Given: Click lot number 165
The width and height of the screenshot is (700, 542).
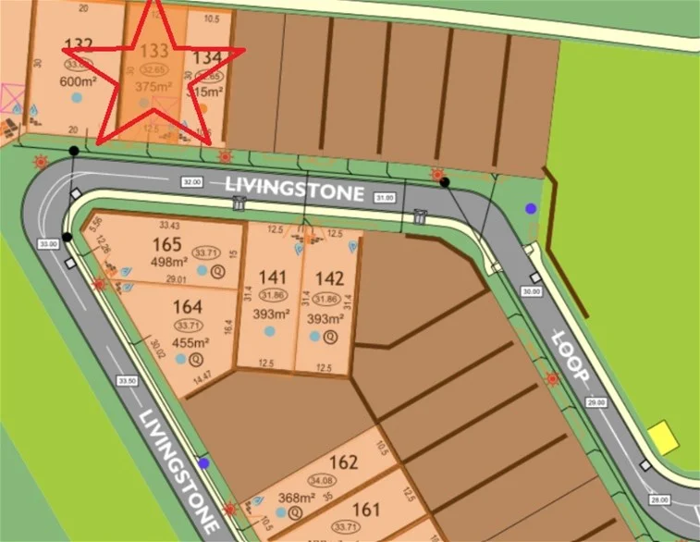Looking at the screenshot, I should click(x=166, y=245).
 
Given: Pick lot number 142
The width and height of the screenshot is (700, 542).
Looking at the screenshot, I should click(x=330, y=276).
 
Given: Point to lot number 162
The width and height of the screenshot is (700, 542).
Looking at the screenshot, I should click(x=343, y=462).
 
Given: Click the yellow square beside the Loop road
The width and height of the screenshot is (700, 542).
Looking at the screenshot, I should click(x=661, y=436).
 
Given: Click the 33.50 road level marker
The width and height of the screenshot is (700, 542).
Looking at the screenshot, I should click(x=128, y=380).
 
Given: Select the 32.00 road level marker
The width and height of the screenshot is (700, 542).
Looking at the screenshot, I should click(x=193, y=182).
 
